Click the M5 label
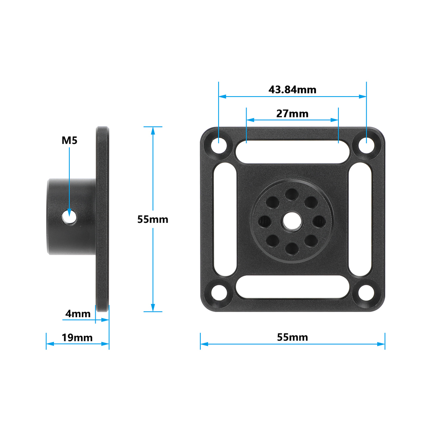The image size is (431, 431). (69, 140)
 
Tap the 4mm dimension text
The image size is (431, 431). (78, 313)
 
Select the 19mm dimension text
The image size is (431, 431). (77, 337)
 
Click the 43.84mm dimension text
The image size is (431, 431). (292, 90)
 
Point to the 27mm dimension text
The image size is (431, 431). (292, 114)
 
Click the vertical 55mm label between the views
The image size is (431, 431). (153, 219)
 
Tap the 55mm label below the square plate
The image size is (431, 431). (292, 337)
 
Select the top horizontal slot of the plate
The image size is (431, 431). (292, 152)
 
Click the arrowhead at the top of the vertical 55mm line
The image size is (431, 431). (153, 130)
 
